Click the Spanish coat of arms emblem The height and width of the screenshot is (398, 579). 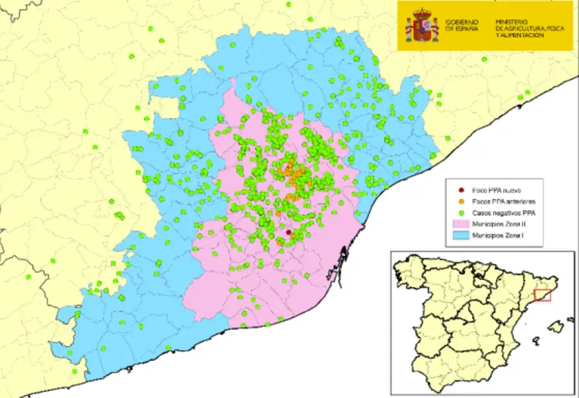422,26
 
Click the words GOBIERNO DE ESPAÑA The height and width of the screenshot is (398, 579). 462,26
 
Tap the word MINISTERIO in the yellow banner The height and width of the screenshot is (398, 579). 513,20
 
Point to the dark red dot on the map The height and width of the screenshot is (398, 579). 288,232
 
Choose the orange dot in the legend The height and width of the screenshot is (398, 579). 463,201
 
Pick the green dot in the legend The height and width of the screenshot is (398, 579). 463,212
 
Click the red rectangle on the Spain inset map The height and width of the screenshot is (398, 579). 543,296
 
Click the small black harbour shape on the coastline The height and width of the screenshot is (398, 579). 334,273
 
